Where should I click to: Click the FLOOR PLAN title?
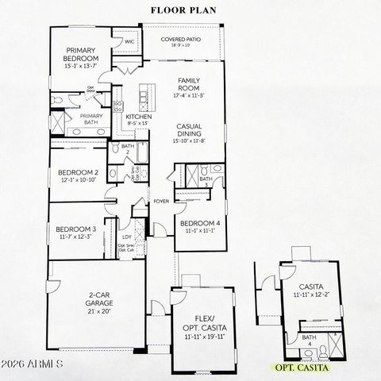(x=191, y=10)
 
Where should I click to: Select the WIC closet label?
(x=129, y=41)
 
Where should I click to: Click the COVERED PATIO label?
(x=182, y=39)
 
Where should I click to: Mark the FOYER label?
(x=161, y=200)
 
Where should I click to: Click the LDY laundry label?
(x=126, y=236)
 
